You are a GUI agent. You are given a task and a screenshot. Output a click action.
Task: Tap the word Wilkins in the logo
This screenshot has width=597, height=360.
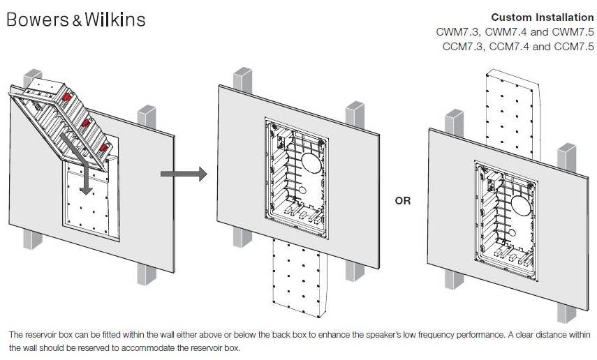(115, 20)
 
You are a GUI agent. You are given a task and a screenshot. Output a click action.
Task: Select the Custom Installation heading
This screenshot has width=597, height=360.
(542, 17)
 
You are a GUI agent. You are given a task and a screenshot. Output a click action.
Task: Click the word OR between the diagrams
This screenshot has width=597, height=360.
(403, 200)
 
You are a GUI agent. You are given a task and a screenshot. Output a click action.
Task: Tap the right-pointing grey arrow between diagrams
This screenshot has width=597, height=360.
(184, 174)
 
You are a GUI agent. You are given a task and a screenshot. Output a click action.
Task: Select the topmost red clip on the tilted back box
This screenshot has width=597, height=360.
(67, 97)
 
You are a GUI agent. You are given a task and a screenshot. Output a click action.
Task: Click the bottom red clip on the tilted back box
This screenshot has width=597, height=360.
(103, 147)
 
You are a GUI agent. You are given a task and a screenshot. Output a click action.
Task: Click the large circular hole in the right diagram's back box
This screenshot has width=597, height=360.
(521, 206)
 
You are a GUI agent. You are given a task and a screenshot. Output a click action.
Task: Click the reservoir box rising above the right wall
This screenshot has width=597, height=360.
(513, 114)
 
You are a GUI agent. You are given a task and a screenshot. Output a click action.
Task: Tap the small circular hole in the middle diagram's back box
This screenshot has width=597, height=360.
(302, 190)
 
